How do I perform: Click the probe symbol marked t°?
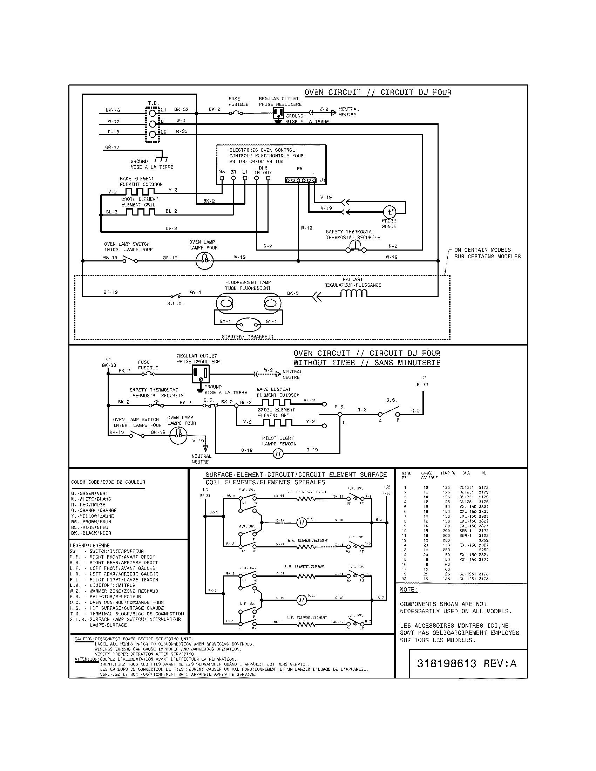click(x=390, y=212)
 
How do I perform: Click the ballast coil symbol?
click(x=353, y=293)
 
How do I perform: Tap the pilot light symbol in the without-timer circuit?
click(x=278, y=453)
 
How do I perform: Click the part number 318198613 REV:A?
click(x=466, y=663)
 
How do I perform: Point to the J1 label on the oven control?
click(x=322, y=180)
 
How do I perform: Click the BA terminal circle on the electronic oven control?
click(x=222, y=178)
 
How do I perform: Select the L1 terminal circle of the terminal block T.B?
click(x=152, y=113)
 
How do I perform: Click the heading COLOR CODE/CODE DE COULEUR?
click(x=108, y=482)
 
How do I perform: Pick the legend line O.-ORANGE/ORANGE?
click(x=94, y=511)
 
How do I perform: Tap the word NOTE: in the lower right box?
click(x=408, y=589)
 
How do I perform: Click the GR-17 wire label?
click(x=112, y=147)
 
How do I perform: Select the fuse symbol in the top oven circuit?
click(x=236, y=113)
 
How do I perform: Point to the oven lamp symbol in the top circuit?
click(x=204, y=260)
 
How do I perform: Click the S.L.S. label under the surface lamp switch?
click(x=176, y=303)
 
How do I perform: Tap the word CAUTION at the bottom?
click(x=84, y=639)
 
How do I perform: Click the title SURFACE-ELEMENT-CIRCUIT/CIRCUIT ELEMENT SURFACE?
click(x=296, y=475)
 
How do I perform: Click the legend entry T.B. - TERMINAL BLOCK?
click(x=127, y=614)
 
